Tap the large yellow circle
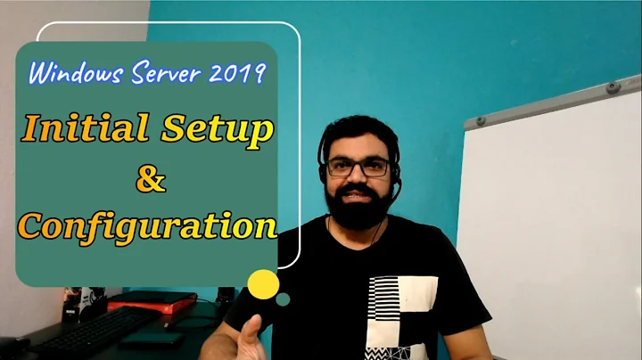tap(263, 284)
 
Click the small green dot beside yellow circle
tap(283, 300)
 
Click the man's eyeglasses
tap(358, 167)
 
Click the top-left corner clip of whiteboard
tap(480, 119)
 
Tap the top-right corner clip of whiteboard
tap(613, 88)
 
